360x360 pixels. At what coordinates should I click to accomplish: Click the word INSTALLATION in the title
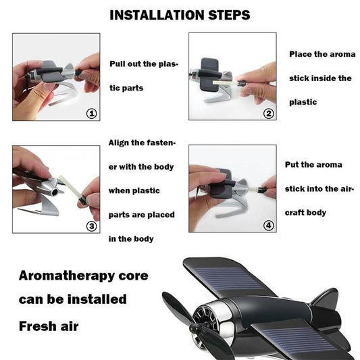click(x=156, y=15)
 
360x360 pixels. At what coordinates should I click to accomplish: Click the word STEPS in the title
click(x=227, y=15)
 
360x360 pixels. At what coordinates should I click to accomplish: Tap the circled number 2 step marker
click(x=269, y=113)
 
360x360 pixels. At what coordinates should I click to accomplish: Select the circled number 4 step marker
click(x=269, y=226)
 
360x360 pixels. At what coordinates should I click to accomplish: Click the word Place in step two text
click(x=302, y=54)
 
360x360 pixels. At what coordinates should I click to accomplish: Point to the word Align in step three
click(x=122, y=143)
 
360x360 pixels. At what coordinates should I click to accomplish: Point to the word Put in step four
click(x=294, y=165)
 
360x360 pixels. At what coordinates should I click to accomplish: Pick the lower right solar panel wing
click(x=300, y=343)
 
